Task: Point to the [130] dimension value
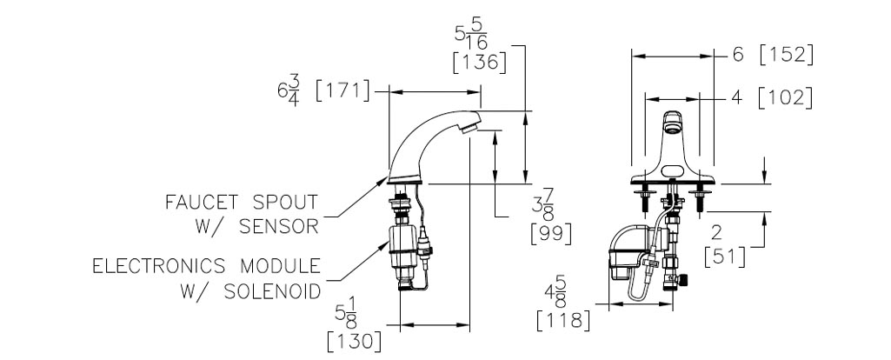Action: [x=355, y=342]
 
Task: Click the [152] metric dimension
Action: [x=786, y=55]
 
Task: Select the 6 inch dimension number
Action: [x=738, y=55]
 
